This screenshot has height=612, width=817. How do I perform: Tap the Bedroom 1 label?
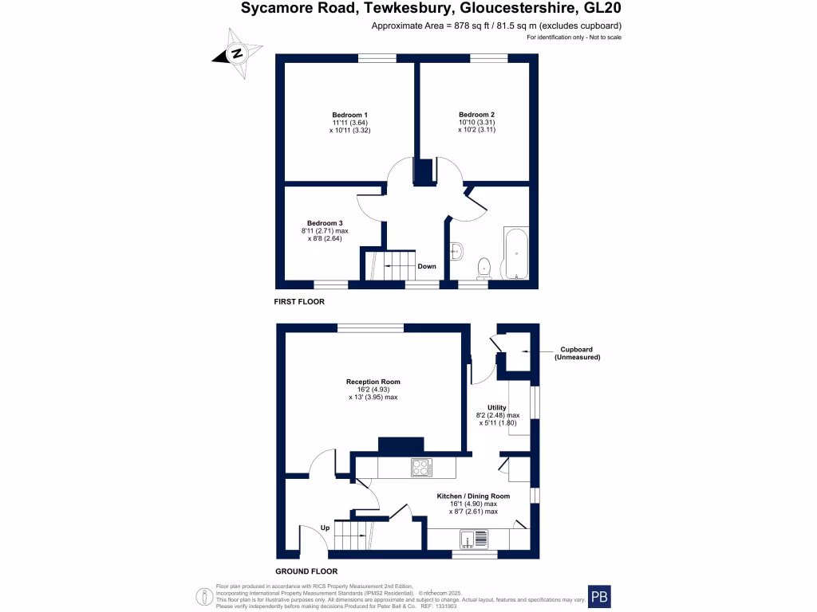[349, 115]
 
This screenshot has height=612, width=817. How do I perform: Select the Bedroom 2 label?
[476, 115]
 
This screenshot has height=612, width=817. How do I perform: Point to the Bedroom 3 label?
[325, 223]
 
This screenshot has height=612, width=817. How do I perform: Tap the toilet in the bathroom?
[482, 267]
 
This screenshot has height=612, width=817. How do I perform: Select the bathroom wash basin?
[457, 250]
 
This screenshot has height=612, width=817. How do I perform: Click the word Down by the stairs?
[427, 266]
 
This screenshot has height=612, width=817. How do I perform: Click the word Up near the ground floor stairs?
[325, 528]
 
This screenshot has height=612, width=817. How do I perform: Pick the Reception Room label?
[373, 382]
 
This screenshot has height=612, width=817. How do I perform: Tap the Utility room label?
[497, 407]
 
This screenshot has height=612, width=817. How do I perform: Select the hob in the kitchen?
[421, 468]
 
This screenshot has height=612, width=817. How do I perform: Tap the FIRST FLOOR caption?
[300, 302]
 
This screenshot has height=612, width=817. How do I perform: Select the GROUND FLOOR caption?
[306, 571]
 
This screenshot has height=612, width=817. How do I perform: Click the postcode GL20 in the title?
[603, 9]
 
